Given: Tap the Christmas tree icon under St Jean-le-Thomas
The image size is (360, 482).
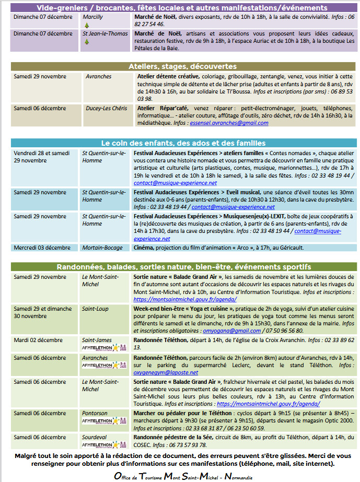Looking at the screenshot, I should click(x=87, y=41).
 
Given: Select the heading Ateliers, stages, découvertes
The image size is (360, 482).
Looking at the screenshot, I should click(x=183, y=67).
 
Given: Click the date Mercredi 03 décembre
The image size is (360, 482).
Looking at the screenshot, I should click(x=42, y=248).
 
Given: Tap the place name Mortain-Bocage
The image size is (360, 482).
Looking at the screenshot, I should click(x=102, y=248).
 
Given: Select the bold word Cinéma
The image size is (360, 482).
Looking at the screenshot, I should click(x=144, y=248).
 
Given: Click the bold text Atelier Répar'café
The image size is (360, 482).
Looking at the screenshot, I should click(x=155, y=109).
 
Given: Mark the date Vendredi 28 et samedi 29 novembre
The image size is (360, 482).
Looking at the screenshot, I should click(x=42, y=157).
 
